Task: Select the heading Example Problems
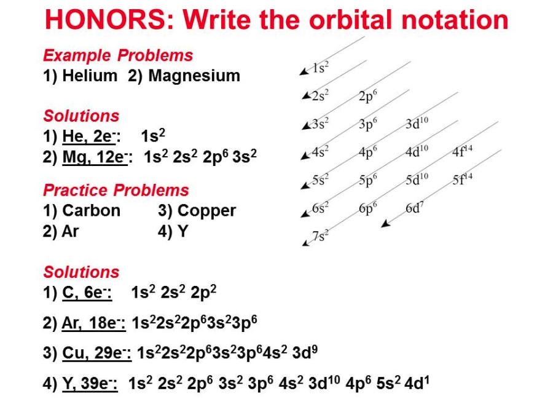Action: point(118,55)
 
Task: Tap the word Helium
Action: point(90,76)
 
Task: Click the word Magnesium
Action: point(194,76)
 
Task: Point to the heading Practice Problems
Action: point(116,190)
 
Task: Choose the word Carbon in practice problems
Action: point(92,211)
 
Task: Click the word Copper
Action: point(206,211)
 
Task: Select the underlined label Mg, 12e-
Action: point(95,157)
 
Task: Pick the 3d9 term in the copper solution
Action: point(305,352)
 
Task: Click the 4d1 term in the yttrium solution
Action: point(417,383)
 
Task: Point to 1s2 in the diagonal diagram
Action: point(321,68)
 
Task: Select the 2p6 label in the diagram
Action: point(368,97)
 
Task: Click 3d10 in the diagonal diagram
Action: point(417,123)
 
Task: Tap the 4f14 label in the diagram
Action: point(462,151)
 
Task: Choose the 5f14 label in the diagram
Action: point(462,179)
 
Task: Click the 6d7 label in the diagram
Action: point(414,208)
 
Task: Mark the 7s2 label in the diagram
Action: point(321,235)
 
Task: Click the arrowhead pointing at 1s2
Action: point(304,72)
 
